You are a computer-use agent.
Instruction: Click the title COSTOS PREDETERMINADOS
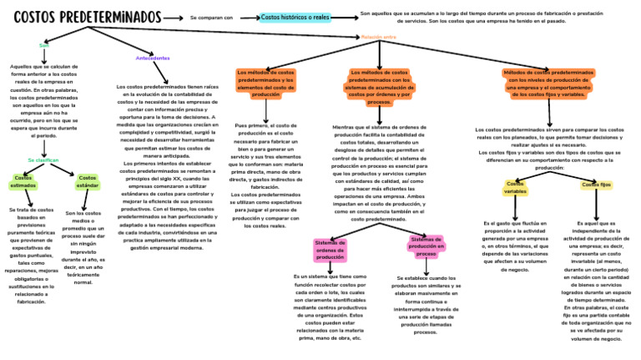tap(88, 17)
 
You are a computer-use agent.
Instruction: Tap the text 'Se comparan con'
tap(211, 17)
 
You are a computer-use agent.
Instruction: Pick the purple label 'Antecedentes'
tap(152, 58)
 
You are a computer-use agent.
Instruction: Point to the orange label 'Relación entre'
tap(378, 37)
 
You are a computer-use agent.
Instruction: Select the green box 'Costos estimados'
tap(23, 182)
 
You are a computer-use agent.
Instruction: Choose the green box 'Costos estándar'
tap(88, 182)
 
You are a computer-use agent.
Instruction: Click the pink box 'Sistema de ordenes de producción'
tap(330, 249)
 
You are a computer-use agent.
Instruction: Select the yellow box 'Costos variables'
tap(515, 187)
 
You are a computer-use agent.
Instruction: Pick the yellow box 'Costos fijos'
tap(597, 185)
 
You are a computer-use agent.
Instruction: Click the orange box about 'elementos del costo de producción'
tap(265, 84)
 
